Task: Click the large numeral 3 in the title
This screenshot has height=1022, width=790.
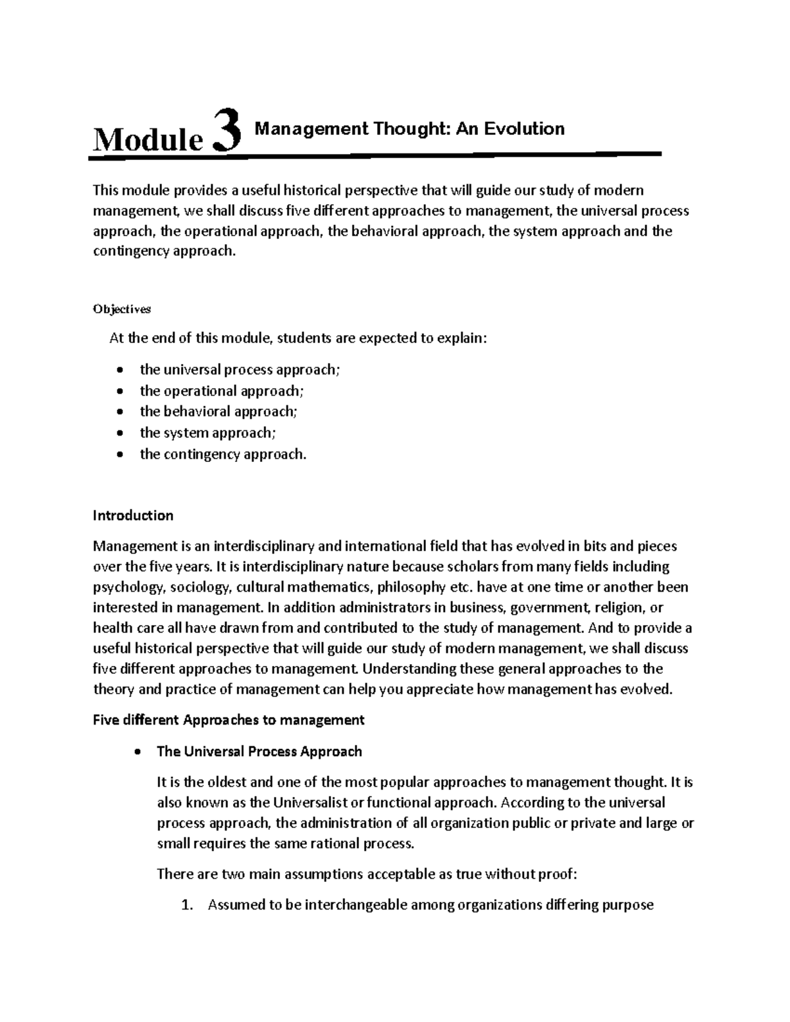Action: click(227, 132)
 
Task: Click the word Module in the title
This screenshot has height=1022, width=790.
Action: click(147, 139)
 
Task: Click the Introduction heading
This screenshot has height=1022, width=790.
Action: click(133, 515)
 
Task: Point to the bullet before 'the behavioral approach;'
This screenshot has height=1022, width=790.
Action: click(119, 413)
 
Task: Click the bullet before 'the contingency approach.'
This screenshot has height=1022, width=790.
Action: click(119, 455)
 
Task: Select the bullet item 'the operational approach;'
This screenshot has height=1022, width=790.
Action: click(222, 391)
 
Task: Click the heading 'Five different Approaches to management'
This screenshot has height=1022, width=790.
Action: click(228, 720)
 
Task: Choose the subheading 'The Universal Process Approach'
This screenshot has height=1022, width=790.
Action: click(259, 752)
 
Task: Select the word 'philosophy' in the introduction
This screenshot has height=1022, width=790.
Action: click(413, 586)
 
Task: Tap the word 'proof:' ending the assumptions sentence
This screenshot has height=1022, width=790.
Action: click(559, 874)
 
